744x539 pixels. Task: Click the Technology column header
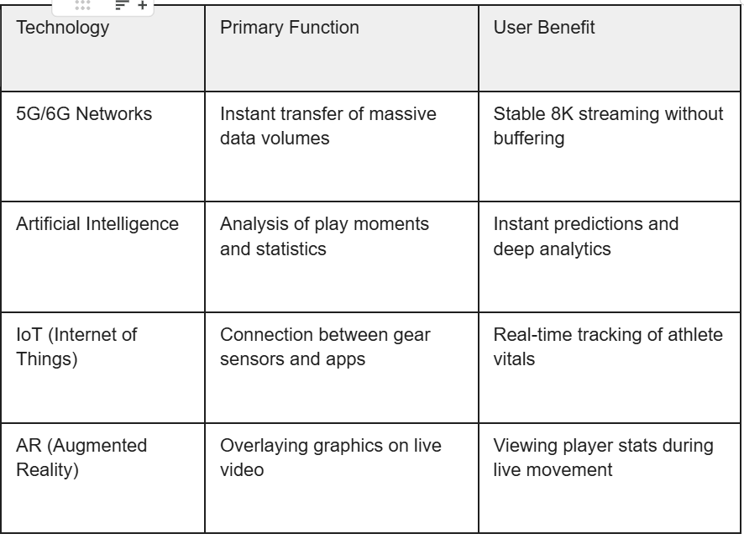click(63, 28)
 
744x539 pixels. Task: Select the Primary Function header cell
click(289, 28)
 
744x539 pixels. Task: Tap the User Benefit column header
click(544, 28)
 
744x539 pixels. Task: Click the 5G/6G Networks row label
click(84, 114)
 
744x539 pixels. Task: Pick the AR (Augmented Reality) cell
click(81, 456)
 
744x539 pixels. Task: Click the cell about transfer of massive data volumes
click(327, 124)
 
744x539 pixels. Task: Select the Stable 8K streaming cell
click(607, 124)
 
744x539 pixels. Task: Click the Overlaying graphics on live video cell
click(330, 456)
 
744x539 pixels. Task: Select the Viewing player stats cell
click(603, 456)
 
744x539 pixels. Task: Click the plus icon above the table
click(142, 5)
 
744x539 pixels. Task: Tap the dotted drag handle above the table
click(82, 5)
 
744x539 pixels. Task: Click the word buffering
click(527, 135)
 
